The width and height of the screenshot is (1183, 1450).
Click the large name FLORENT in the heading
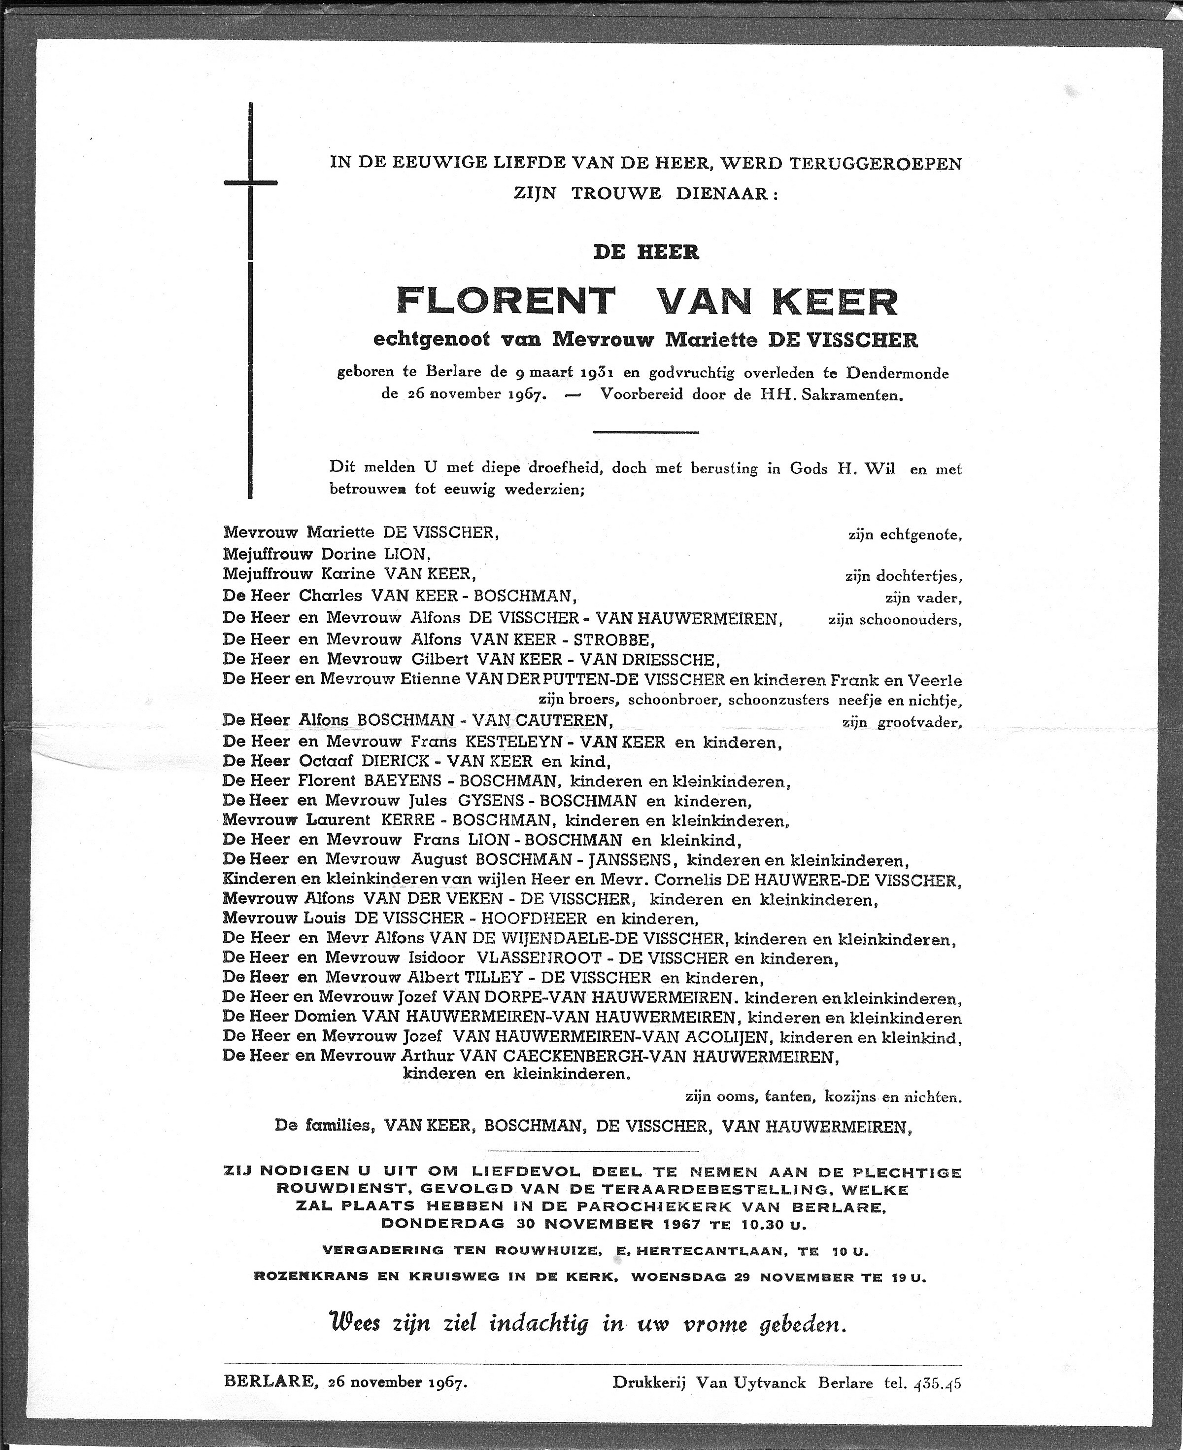pyautogui.click(x=505, y=301)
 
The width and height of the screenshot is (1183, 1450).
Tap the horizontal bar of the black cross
pyautogui.click(x=250, y=183)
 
